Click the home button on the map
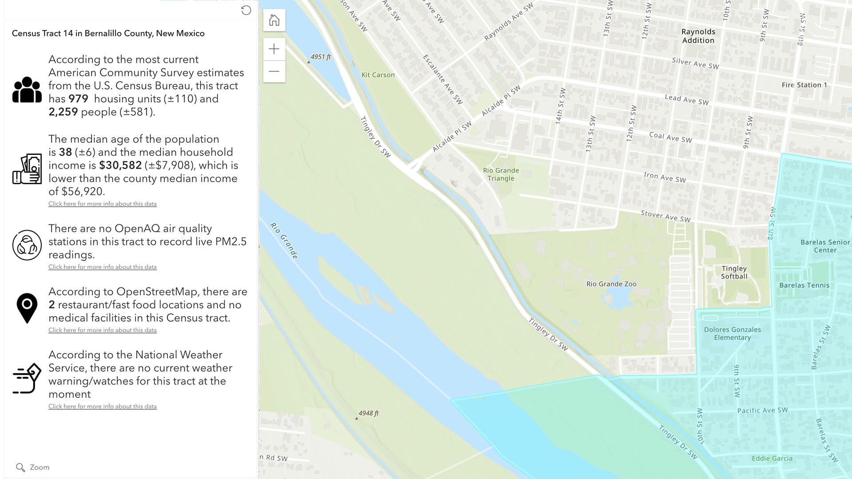point(274,20)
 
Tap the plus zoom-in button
point(274,49)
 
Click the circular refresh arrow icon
point(246,10)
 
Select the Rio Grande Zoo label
point(611,284)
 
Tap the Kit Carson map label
point(378,75)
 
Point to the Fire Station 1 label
point(804,85)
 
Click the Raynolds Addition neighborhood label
point(698,36)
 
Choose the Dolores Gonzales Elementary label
point(732,334)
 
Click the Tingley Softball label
point(734,272)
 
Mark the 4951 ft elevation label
point(320,57)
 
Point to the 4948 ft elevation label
point(368,413)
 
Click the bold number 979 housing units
point(78,98)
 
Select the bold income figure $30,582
point(120,165)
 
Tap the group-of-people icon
point(27,90)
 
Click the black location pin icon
point(27,307)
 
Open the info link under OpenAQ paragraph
point(103,267)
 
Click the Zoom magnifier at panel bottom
point(20,467)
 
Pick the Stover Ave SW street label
point(665,216)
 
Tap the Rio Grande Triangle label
point(501,174)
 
